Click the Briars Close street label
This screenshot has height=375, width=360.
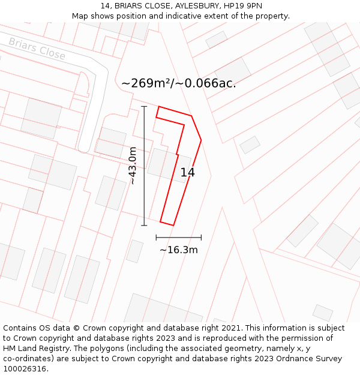pos(37,49)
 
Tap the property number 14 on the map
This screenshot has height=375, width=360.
pos(187,173)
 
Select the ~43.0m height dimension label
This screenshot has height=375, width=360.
pos(133,166)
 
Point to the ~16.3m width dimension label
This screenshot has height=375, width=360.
pos(178,250)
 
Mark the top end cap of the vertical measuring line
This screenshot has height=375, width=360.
pos(144,106)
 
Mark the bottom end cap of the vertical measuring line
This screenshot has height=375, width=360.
pos(144,226)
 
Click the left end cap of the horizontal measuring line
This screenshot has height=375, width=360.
pos(156,238)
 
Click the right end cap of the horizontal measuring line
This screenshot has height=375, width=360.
pos(201,238)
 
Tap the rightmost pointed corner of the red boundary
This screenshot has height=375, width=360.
pos(201,140)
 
